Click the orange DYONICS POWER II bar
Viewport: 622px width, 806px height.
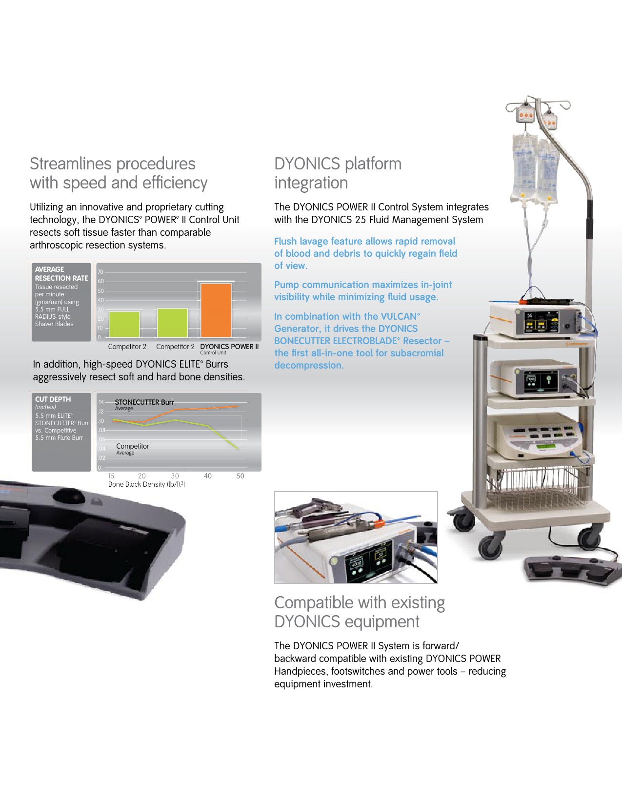(x=216, y=310)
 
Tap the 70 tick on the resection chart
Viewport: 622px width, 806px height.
(x=100, y=272)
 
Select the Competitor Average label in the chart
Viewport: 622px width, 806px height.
(x=132, y=449)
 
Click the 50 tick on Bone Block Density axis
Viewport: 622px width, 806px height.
(x=240, y=476)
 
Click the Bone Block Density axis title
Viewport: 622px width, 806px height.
(x=146, y=484)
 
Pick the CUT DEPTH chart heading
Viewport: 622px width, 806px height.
(x=53, y=399)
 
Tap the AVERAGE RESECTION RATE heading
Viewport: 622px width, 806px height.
(x=61, y=274)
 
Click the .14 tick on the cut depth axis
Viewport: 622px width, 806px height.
(x=101, y=402)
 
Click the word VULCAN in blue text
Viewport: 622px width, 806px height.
(x=399, y=316)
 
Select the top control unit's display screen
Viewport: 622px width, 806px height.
(x=541, y=322)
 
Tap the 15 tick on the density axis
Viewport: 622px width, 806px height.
(x=111, y=476)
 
